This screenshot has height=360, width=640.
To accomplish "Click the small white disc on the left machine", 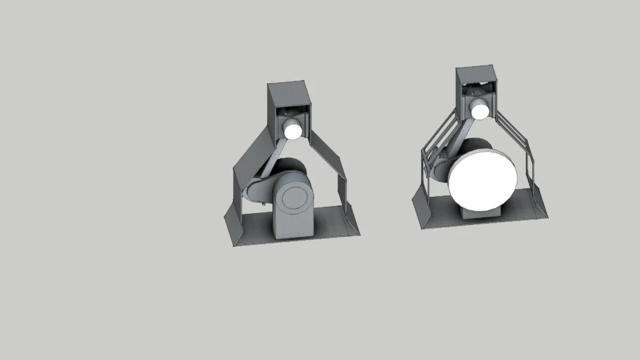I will coord(292,129).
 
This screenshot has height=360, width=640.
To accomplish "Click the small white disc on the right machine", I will coord(480,110).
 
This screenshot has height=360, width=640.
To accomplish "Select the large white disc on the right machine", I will coord(483,178).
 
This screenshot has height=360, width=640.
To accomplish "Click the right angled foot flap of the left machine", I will coord(350,220).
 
